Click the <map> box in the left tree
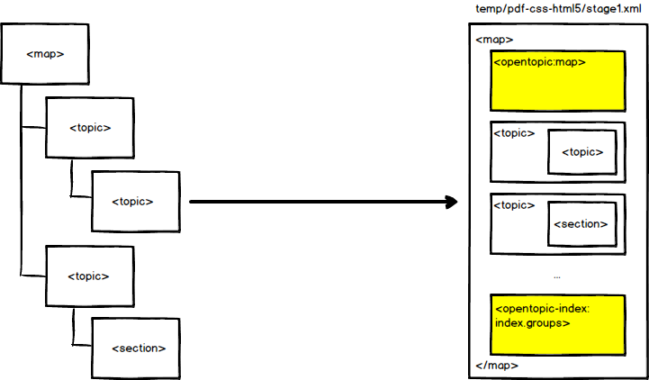[x=45, y=54]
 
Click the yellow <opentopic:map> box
[x=557, y=80]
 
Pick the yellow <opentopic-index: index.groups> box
[x=557, y=322]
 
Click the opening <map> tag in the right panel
[x=494, y=40]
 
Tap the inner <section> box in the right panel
[x=581, y=223]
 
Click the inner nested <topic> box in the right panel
[x=581, y=151]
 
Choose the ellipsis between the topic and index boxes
[x=557, y=275]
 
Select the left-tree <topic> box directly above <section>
[x=89, y=275]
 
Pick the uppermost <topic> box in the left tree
[x=89, y=127]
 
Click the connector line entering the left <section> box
[x=80, y=347]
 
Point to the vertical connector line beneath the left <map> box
[x=19, y=180]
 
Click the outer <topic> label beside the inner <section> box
[x=515, y=205]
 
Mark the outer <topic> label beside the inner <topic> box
[x=515, y=133]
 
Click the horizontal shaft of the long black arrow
[x=315, y=201]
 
